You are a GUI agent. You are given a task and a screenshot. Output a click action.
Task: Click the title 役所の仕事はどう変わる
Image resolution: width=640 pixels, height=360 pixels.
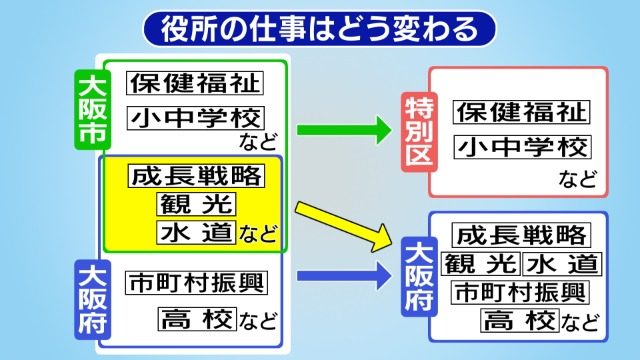point(319,28)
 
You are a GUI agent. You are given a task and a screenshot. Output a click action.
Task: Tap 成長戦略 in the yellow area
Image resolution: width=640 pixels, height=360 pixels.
point(196,176)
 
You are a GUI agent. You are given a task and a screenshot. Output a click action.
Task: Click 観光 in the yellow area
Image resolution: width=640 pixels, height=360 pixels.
point(196,204)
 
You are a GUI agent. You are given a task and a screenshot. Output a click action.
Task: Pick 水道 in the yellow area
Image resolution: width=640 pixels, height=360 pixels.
point(196,233)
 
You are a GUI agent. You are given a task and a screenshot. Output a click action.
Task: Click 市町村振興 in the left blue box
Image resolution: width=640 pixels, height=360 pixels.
point(196,282)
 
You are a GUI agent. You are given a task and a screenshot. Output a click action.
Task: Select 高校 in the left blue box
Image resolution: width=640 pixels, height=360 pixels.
point(196,319)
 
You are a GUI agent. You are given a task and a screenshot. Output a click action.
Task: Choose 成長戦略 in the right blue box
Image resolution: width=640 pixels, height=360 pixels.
point(520,236)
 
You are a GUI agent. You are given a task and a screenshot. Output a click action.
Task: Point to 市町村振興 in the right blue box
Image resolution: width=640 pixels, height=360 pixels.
point(520,292)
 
